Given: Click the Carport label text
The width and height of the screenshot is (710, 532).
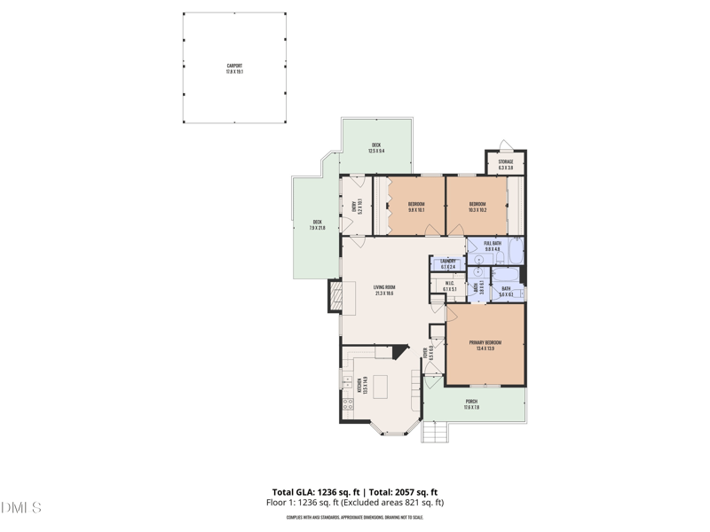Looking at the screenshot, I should pyautogui.click(x=234, y=68).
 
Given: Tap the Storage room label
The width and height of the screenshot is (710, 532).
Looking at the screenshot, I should pyautogui.click(x=506, y=164).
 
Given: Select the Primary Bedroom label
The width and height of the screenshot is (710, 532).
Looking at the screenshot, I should pyautogui.click(x=485, y=345).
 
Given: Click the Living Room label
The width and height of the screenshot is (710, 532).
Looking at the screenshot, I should pyautogui.click(x=384, y=289).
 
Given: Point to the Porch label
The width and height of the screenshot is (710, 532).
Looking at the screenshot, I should pyautogui.click(x=471, y=404).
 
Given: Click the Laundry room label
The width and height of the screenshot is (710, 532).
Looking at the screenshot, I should pyautogui.click(x=448, y=263).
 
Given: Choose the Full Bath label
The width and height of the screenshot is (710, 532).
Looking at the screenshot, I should pyautogui.click(x=493, y=246).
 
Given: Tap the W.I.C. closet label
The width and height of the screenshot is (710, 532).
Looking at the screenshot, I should pyautogui.click(x=450, y=286).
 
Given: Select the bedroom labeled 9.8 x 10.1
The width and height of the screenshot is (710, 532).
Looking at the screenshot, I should pyautogui.click(x=416, y=207).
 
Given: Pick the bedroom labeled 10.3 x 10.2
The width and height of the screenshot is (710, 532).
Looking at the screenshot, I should pyautogui.click(x=477, y=207).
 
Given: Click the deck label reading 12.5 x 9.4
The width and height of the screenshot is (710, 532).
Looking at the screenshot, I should pyautogui.click(x=376, y=148).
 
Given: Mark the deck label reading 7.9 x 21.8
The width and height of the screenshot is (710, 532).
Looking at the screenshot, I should pyautogui.click(x=317, y=225).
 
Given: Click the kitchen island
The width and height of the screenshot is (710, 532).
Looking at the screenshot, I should pyautogui.click(x=381, y=387).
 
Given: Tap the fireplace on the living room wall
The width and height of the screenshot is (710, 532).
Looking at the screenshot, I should pyautogui.click(x=335, y=296).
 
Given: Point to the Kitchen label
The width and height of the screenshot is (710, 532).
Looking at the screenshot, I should pyautogui.click(x=360, y=385).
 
